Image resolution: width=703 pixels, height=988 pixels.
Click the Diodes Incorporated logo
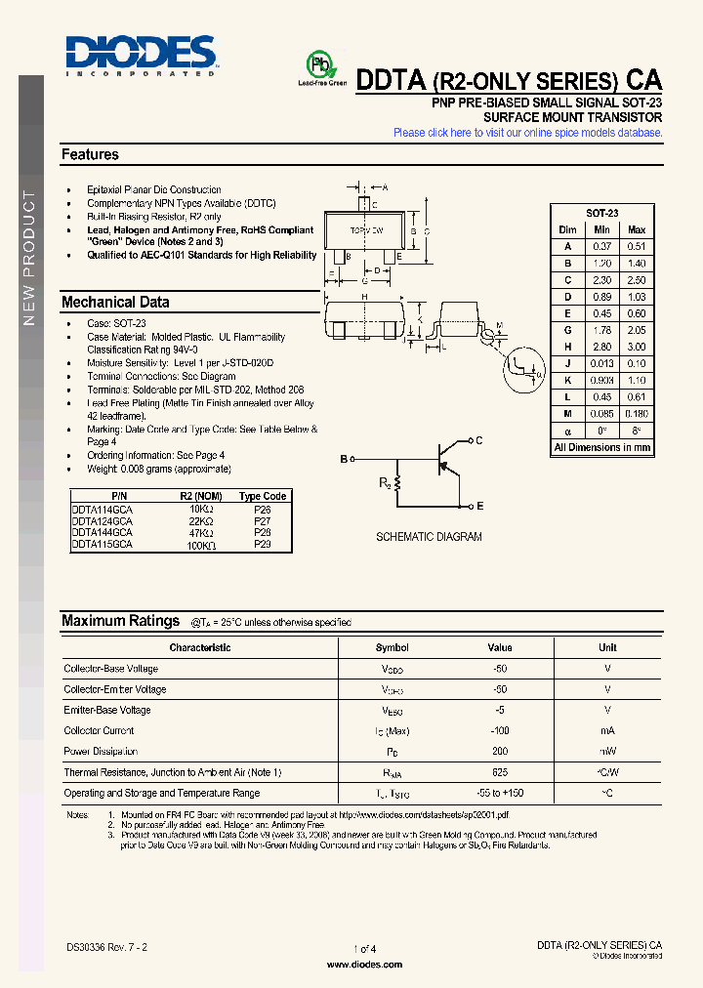(141, 55)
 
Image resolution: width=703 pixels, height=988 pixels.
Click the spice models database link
(527, 133)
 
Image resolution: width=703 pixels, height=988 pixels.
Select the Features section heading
(90, 154)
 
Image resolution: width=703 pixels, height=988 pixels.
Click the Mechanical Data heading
(115, 303)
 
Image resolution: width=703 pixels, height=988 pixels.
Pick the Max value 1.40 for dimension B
(637, 264)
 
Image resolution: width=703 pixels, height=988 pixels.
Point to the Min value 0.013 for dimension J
(602, 363)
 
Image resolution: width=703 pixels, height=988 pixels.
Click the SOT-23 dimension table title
(601, 213)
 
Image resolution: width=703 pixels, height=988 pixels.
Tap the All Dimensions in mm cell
(601, 447)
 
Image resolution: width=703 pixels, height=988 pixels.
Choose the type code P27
(263, 521)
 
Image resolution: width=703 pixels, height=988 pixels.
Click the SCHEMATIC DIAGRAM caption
(429, 537)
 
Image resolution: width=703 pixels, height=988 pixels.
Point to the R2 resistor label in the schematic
(386, 482)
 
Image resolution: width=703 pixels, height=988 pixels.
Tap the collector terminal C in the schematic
(478, 441)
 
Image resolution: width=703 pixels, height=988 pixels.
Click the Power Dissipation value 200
(500, 752)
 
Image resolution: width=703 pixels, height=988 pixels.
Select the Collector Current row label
(100, 731)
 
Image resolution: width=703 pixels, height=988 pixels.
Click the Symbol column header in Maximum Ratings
(392, 647)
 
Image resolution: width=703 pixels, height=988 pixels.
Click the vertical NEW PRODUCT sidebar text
(28, 259)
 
